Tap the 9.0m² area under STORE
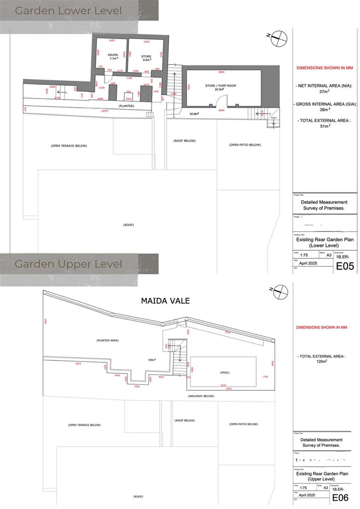click(146, 60)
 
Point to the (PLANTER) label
click(127, 106)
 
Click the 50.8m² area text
click(194, 114)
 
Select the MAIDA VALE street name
click(165, 301)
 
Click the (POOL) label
click(224, 372)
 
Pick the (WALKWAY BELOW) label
click(201, 396)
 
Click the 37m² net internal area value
click(322, 92)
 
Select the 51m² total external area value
click(322, 126)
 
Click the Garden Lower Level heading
click(68, 10)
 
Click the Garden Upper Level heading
click(68, 264)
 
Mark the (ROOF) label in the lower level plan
click(128, 225)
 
